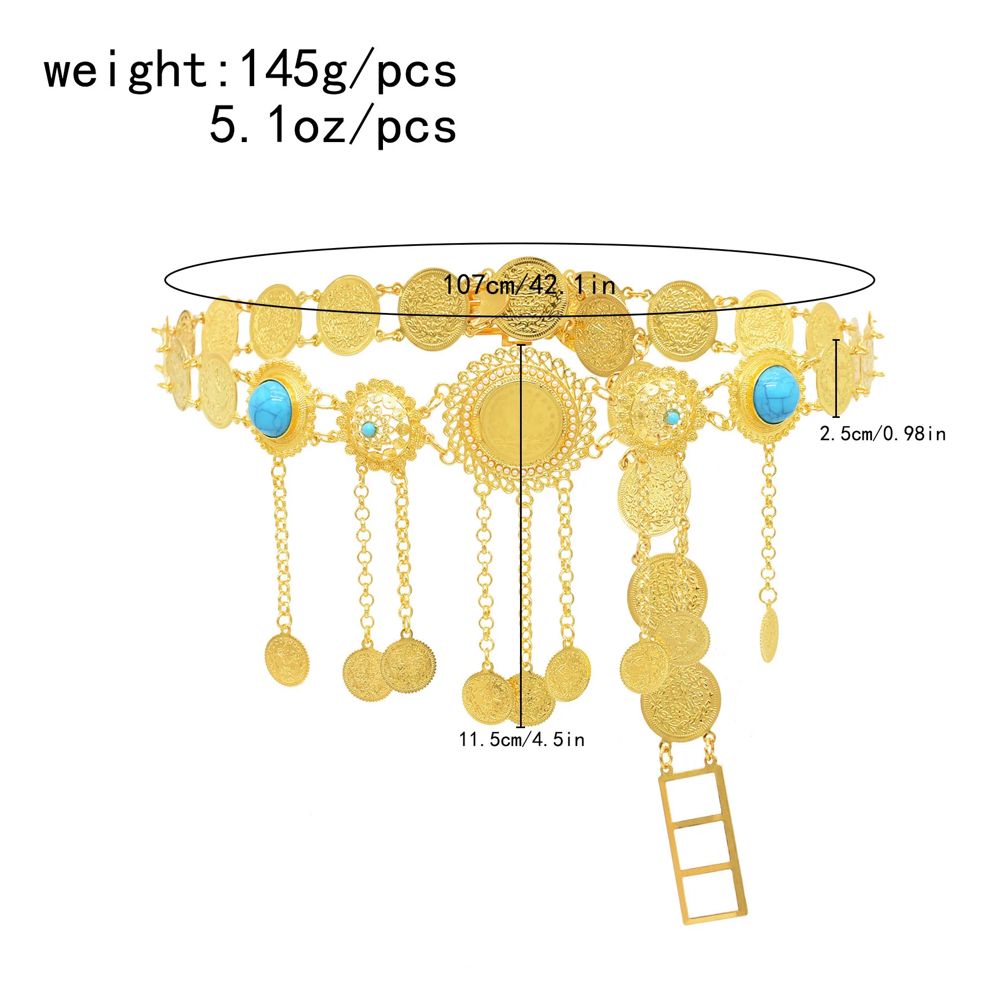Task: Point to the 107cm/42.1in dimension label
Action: [529, 285]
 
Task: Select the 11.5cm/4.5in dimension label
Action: [522, 740]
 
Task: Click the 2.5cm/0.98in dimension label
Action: [882, 433]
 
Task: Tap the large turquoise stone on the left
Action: [270, 406]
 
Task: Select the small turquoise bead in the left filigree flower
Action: [367, 428]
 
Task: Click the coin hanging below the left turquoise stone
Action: [286, 659]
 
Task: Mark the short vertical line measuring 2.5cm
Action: [836, 377]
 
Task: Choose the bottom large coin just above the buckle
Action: [680, 702]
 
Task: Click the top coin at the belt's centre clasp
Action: [531, 298]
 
